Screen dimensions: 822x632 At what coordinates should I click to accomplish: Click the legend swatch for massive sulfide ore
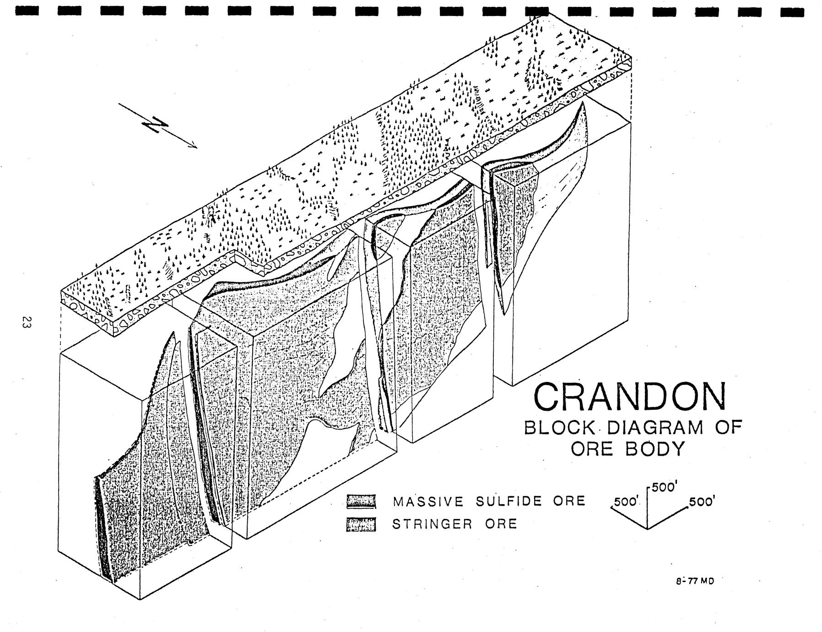pyautogui.click(x=361, y=501)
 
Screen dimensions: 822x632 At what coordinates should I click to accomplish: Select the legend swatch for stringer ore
pyautogui.click(x=361, y=524)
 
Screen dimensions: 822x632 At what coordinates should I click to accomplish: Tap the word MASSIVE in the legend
pyautogui.click(x=428, y=501)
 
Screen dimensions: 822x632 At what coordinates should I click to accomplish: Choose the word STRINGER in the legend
pyautogui.click(x=432, y=523)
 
